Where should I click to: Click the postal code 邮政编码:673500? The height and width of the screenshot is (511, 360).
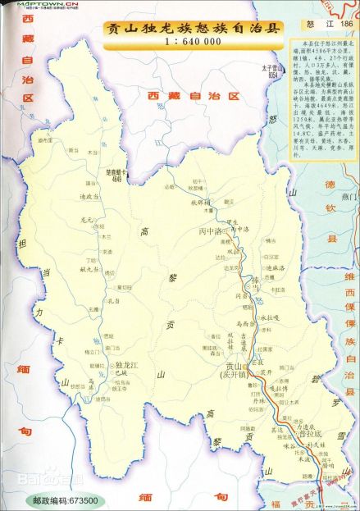tap(65, 500)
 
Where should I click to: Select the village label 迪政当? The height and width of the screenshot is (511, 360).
tap(89, 197)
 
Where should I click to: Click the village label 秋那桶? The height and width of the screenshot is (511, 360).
tap(202, 201)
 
